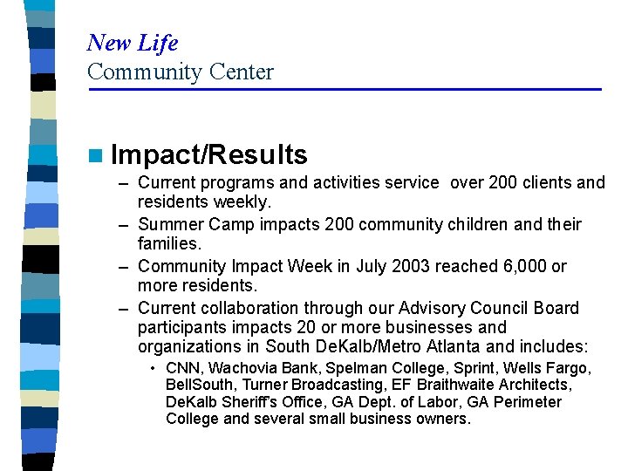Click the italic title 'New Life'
click(133, 43)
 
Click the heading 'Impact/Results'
click(209, 155)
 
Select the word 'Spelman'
click(346, 368)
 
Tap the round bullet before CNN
click(154, 368)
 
